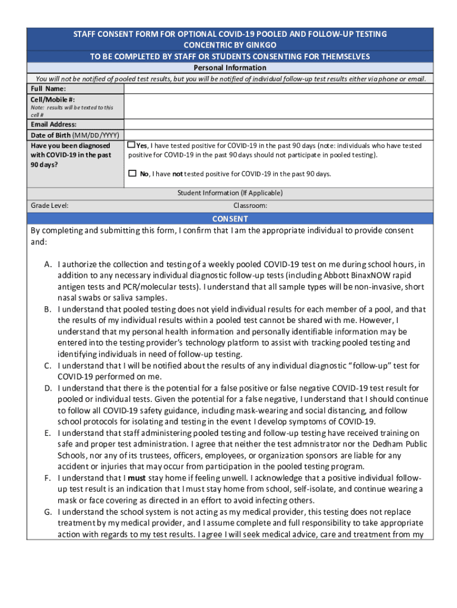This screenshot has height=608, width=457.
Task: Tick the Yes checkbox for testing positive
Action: pos(132,145)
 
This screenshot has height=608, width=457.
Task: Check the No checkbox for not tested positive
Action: pos(132,174)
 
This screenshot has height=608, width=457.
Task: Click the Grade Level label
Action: pos(49,205)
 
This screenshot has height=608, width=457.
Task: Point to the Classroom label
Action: pos(250,205)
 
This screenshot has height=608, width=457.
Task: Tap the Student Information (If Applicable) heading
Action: pos(230,193)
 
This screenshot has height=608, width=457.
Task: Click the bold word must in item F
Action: pos(137,478)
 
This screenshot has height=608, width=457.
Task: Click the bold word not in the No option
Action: pos(177,174)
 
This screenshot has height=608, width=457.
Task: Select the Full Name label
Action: pos(45,89)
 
